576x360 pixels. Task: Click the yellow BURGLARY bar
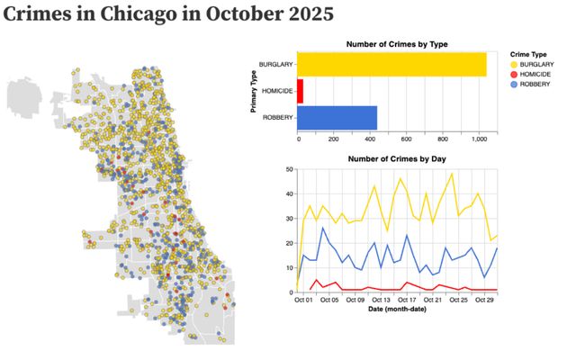pos(391,65)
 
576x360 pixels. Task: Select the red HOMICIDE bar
pos(301,91)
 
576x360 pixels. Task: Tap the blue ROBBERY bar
pos(337,117)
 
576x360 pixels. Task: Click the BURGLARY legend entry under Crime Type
pos(538,65)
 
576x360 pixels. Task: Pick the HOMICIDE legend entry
pos(538,76)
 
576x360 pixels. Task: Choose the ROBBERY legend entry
pos(538,85)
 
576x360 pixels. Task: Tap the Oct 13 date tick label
pos(382,300)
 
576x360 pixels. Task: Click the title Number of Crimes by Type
pos(397,44)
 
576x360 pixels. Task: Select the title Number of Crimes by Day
pos(397,158)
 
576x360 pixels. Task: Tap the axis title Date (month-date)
pos(397,310)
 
